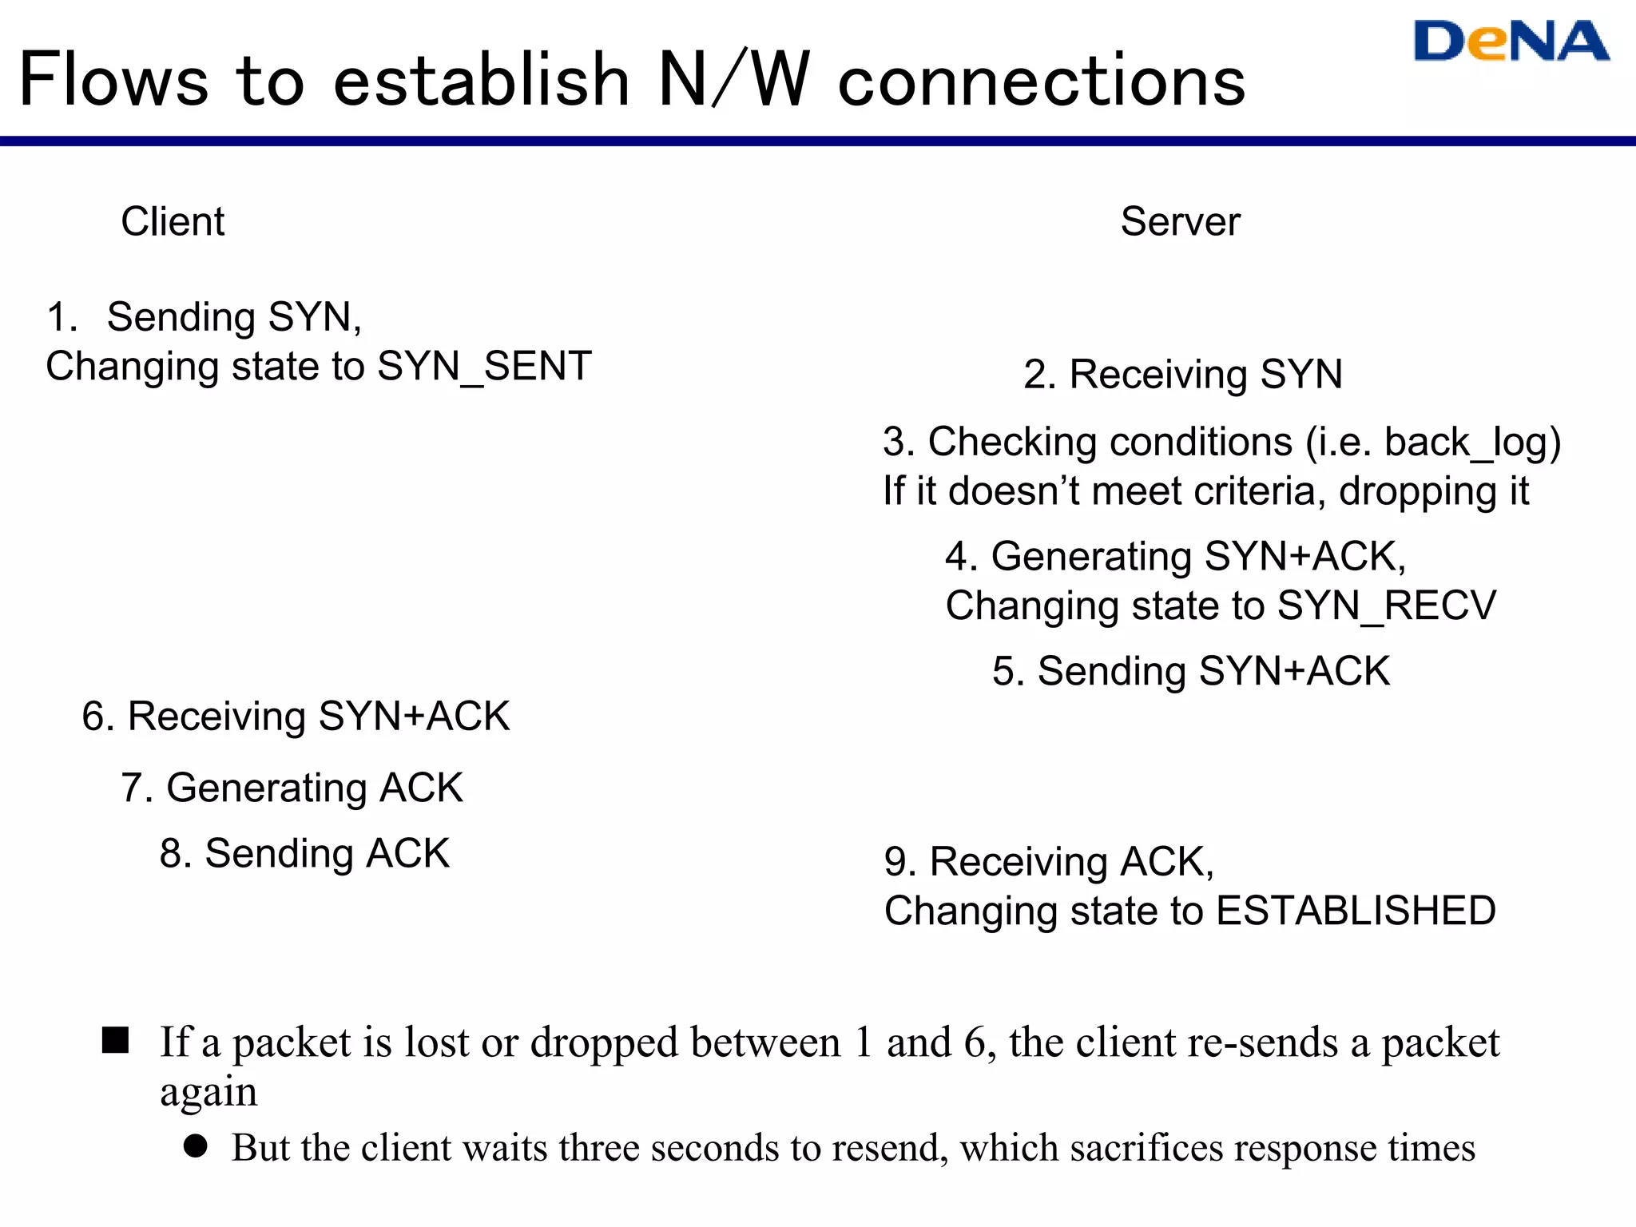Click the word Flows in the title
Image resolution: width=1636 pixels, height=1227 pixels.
(113, 80)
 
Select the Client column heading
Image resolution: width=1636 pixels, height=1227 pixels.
(173, 221)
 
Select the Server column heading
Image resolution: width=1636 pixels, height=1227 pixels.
(1180, 221)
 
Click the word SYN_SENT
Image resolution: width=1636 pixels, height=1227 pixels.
(484, 367)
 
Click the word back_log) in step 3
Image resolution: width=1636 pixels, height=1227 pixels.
(1471, 443)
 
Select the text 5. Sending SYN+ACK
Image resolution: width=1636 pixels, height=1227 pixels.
(1190, 671)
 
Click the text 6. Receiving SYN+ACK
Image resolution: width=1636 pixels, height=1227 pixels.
(296, 716)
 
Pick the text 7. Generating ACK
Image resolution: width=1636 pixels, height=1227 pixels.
(292, 788)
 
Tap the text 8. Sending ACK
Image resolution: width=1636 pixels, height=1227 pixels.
(304, 853)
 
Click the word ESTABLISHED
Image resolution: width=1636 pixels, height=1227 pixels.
(1356, 911)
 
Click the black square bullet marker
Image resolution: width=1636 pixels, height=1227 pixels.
(116, 1040)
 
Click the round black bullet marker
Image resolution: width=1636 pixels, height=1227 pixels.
(196, 1146)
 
